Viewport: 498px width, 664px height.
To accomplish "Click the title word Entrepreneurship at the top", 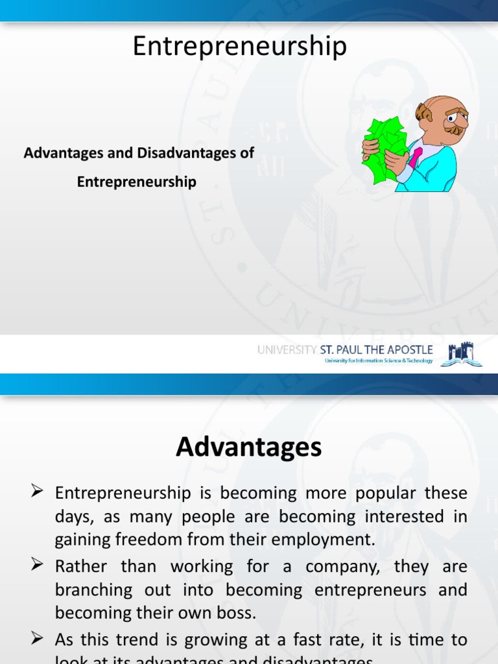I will point(240,47).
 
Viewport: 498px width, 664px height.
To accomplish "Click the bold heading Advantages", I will point(248,447).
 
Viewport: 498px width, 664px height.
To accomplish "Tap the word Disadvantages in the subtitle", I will point(187,154).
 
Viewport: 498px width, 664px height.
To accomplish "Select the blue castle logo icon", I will point(462,355).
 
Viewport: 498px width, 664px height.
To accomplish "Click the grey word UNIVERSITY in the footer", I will point(285,350).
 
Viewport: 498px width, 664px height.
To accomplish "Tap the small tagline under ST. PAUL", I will point(378,361).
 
